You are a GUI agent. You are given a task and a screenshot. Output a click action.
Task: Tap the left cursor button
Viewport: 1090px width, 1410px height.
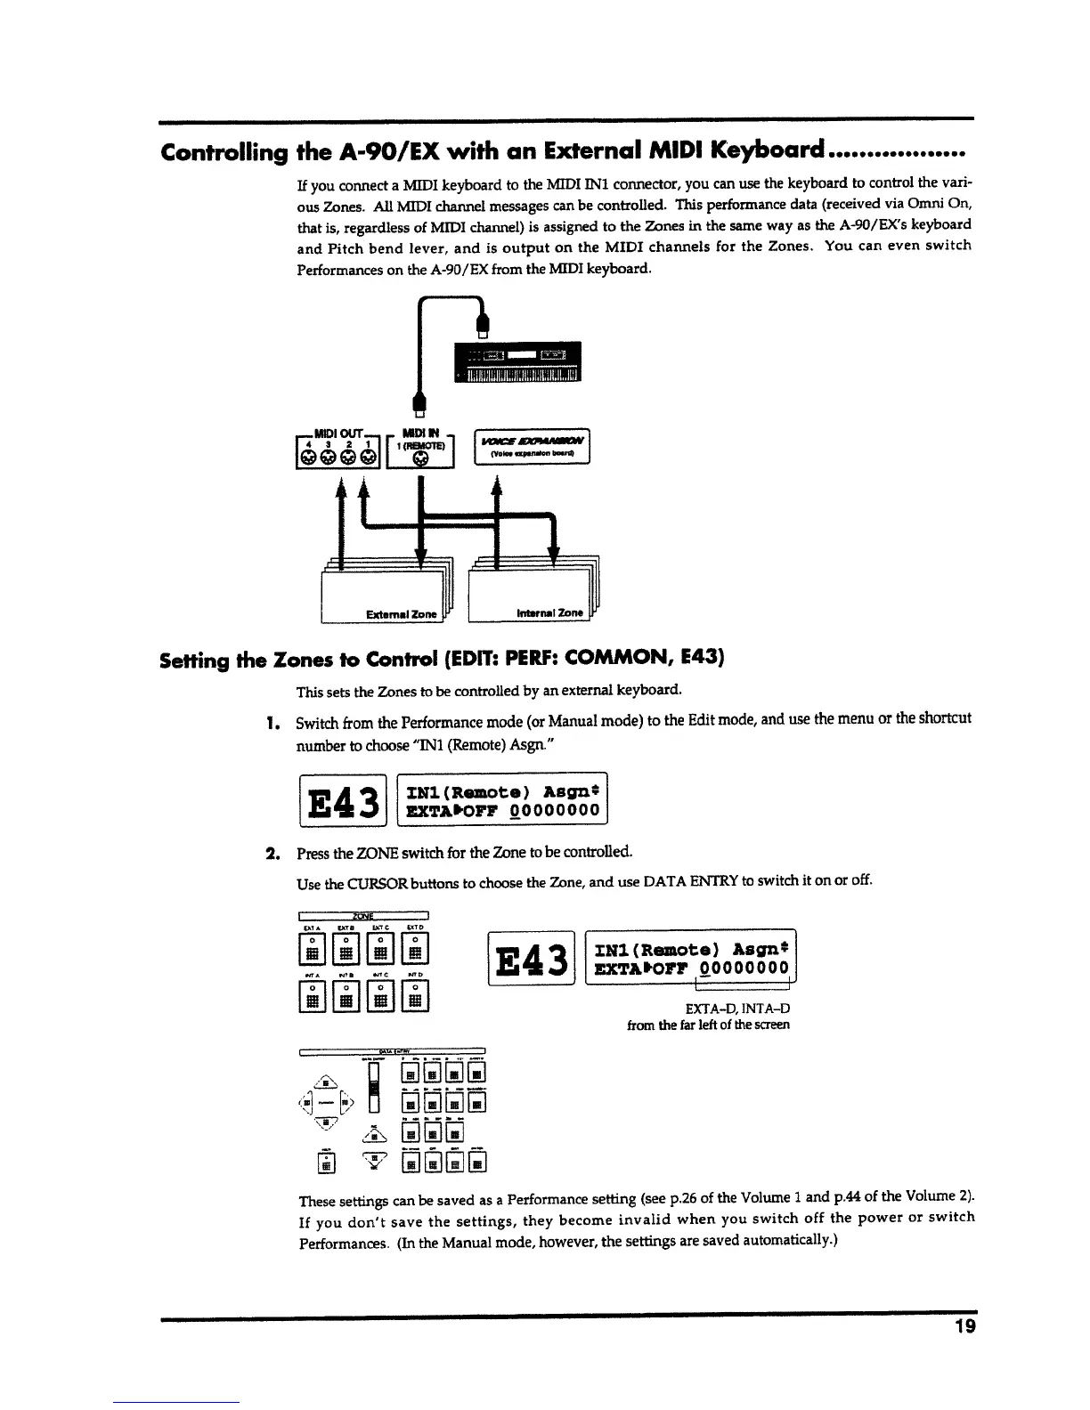pos(306,1105)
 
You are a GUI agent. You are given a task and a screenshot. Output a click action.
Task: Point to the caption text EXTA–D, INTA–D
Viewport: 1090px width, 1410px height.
pos(737,1009)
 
